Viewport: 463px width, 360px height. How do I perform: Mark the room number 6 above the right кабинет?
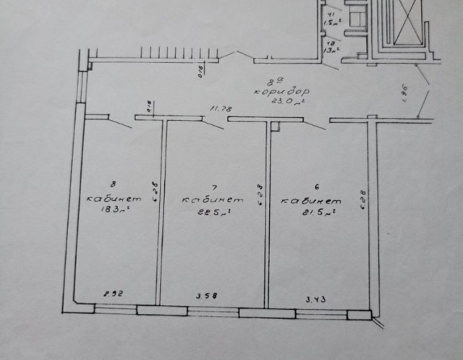click(x=311, y=187)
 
